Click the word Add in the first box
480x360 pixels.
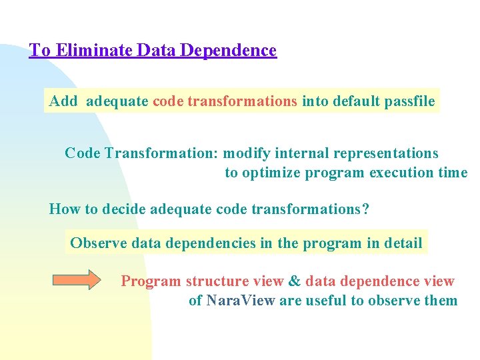(x=63, y=101)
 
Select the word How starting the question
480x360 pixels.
(x=64, y=209)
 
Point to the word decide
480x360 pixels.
(x=123, y=209)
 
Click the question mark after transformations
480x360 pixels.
(x=365, y=209)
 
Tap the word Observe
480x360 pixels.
(x=99, y=243)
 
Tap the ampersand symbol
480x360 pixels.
(x=295, y=281)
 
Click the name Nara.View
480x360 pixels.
(x=241, y=301)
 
